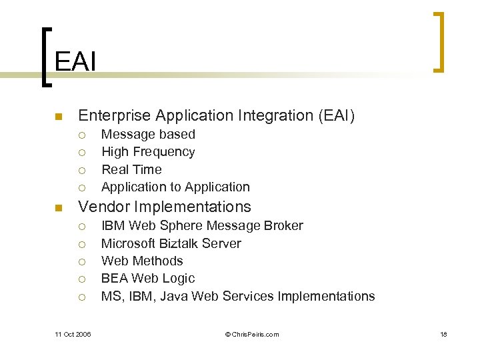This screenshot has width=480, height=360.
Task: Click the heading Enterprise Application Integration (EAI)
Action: pos(217,116)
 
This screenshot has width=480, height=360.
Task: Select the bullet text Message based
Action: pos(148,135)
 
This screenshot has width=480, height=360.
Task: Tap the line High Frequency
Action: pos(148,152)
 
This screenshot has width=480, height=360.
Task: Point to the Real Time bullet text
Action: pos(131,169)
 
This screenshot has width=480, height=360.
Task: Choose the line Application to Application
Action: pos(175,187)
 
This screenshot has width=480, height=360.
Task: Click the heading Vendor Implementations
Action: pos(165,207)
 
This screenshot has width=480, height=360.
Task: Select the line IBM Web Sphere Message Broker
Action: pos(202,225)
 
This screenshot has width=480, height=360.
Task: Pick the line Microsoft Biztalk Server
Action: pos(171,243)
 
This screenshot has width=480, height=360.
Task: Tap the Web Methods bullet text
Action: pos(142,261)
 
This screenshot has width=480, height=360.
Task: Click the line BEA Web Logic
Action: pos(148,278)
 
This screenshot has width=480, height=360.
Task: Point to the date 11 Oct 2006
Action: pos(73,334)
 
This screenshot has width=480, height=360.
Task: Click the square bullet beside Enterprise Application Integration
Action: pos(58,117)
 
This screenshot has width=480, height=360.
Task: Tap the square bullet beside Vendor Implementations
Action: pos(58,208)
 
